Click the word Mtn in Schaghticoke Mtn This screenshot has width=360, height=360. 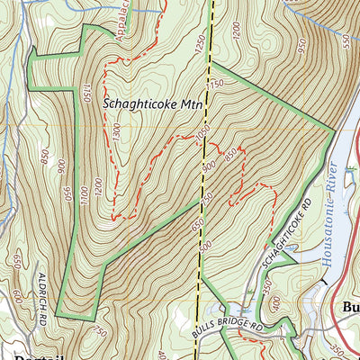[191, 104]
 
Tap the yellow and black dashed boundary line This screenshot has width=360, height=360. [206, 180]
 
